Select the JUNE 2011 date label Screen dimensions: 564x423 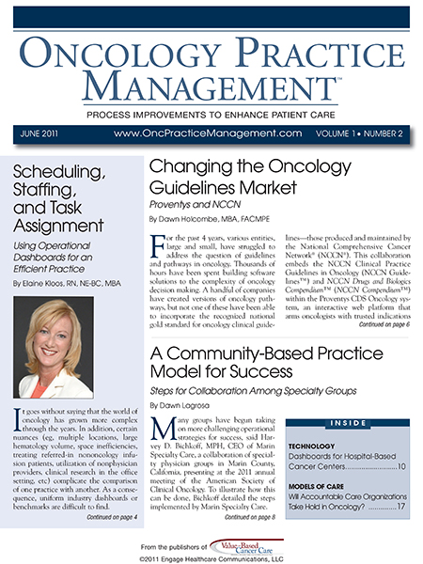[39, 133]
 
